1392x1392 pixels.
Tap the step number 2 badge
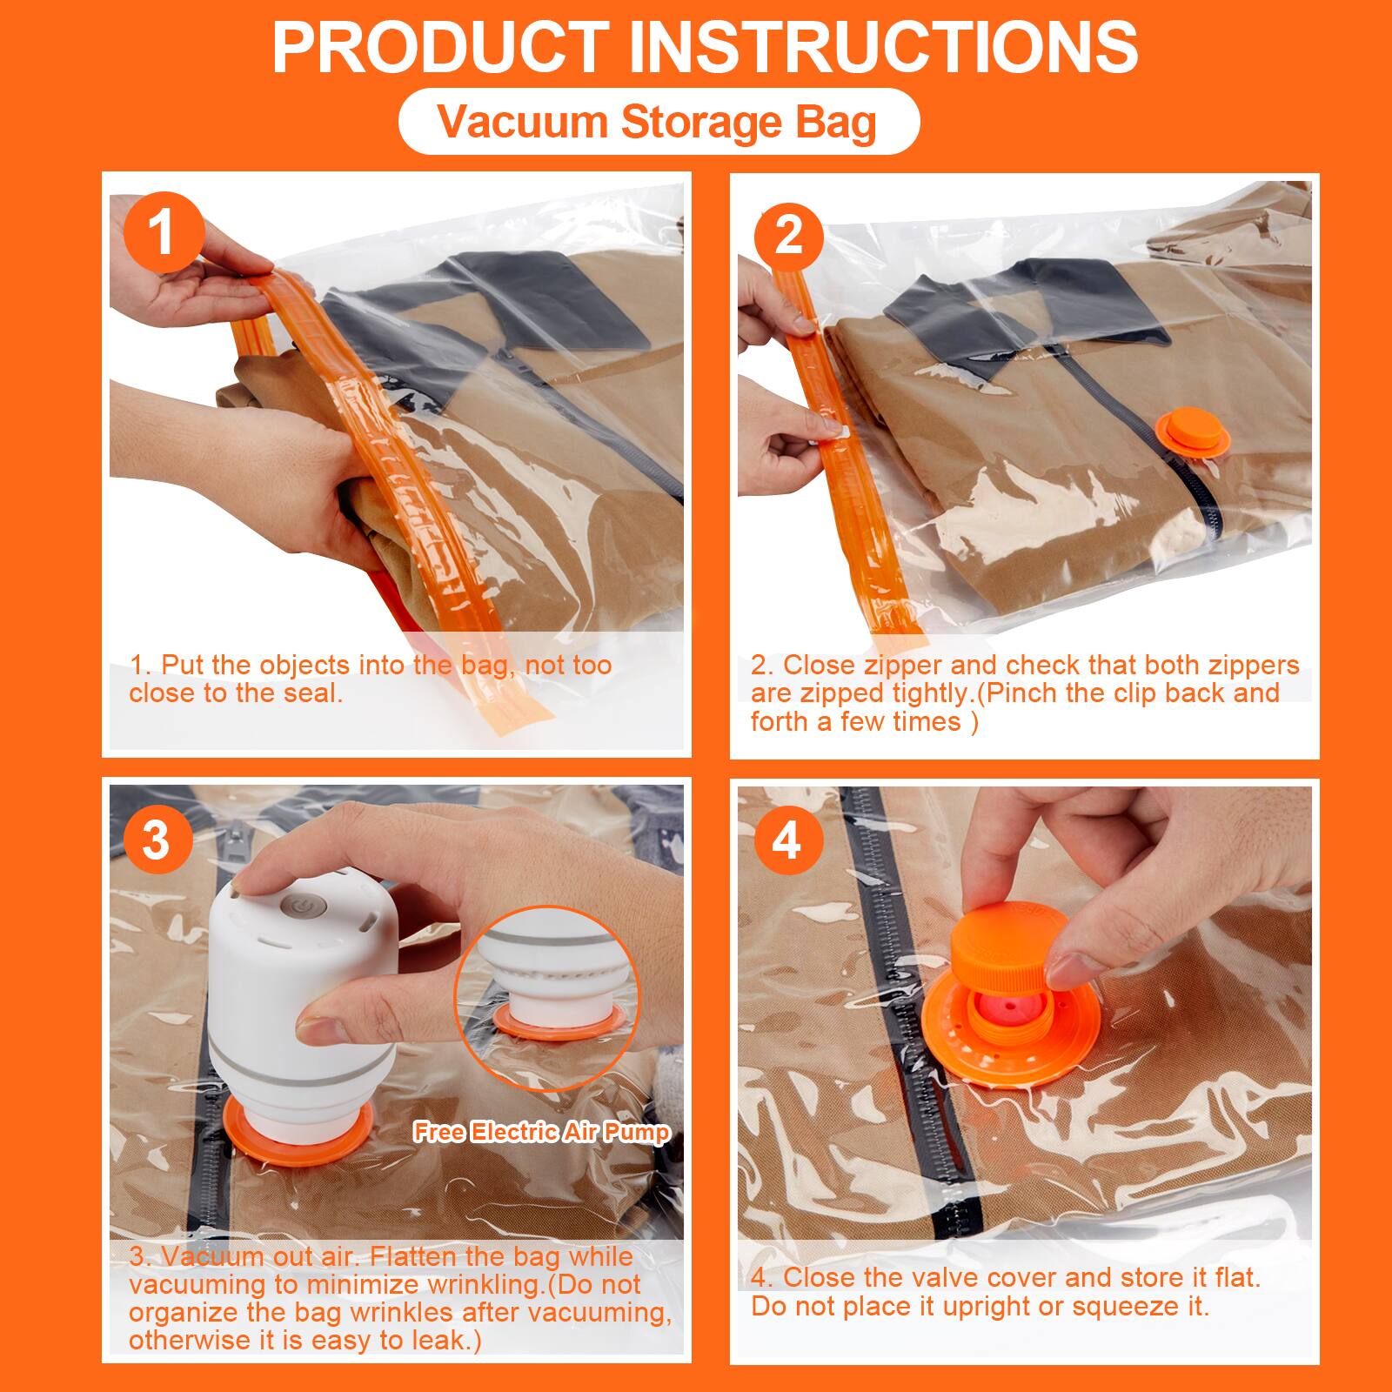tap(788, 235)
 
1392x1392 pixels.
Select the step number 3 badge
tap(157, 840)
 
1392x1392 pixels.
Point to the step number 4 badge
tap(786, 840)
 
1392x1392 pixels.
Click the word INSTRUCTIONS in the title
tap(883, 47)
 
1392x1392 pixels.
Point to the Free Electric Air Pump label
tap(542, 1132)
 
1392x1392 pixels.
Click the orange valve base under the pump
tap(298, 1130)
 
